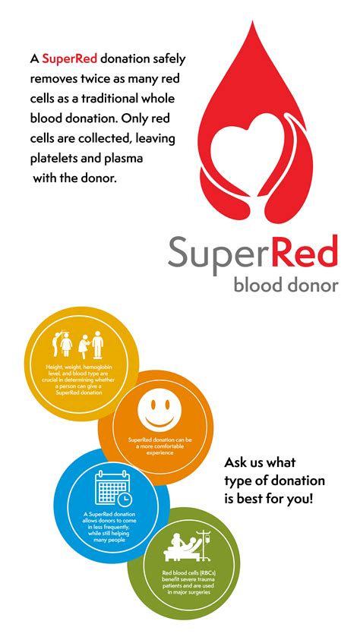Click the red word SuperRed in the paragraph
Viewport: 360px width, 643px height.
coord(66,58)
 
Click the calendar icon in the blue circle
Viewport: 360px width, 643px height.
coord(111,490)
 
